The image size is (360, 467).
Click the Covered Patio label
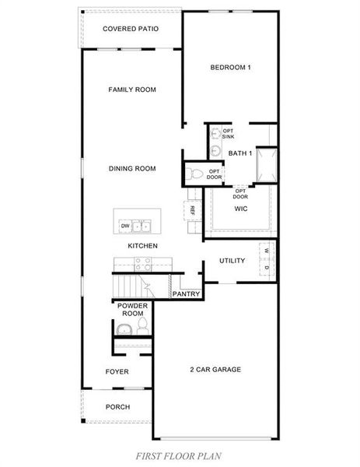[x=131, y=29]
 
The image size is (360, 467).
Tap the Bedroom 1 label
[x=231, y=68]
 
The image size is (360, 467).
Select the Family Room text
[x=132, y=90]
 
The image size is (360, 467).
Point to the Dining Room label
[x=132, y=169]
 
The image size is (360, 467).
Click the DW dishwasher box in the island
[x=125, y=226]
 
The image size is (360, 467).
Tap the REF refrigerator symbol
[x=193, y=211]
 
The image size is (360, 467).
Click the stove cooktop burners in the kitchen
[x=143, y=264]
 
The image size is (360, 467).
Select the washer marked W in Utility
[x=267, y=251]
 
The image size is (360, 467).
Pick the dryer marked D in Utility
[x=267, y=268]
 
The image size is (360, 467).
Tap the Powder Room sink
[x=124, y=329]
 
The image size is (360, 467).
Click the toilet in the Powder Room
[x=143, y=326]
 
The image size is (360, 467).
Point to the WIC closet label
[x=241, y=209]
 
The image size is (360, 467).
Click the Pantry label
[x=187, y=294]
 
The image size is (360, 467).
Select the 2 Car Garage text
[x=215, y=370]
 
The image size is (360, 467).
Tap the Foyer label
[x=117, y=372]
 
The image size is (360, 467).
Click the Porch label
[x=118, y=407]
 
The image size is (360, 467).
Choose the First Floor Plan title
[x=179, y=456]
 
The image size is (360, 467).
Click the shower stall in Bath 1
[x=267, y=165]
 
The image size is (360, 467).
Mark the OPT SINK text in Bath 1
[x=228, y=134]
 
